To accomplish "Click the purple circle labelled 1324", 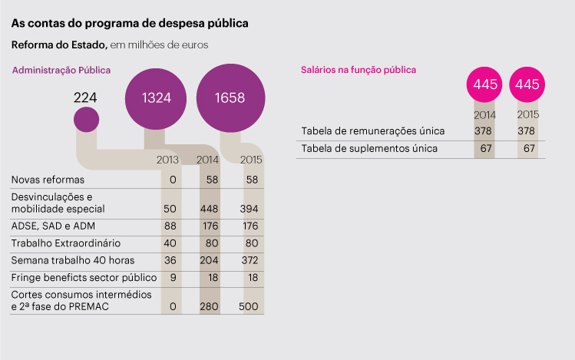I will pos(156,97).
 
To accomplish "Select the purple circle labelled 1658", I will pos(230,97).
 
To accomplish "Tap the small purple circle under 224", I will pos(86,120).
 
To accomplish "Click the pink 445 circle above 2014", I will pos(486,84).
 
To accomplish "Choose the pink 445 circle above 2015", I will pos(528,84).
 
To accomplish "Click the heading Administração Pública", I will pos(61,71).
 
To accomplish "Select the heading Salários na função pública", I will pos(356,70).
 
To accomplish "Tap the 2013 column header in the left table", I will pos(167,160).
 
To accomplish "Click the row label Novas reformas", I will pos(48,180).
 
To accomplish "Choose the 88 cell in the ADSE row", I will pos(171,226).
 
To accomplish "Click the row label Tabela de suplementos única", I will pos(370,148).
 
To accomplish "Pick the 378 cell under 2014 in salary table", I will pos(483,130).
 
